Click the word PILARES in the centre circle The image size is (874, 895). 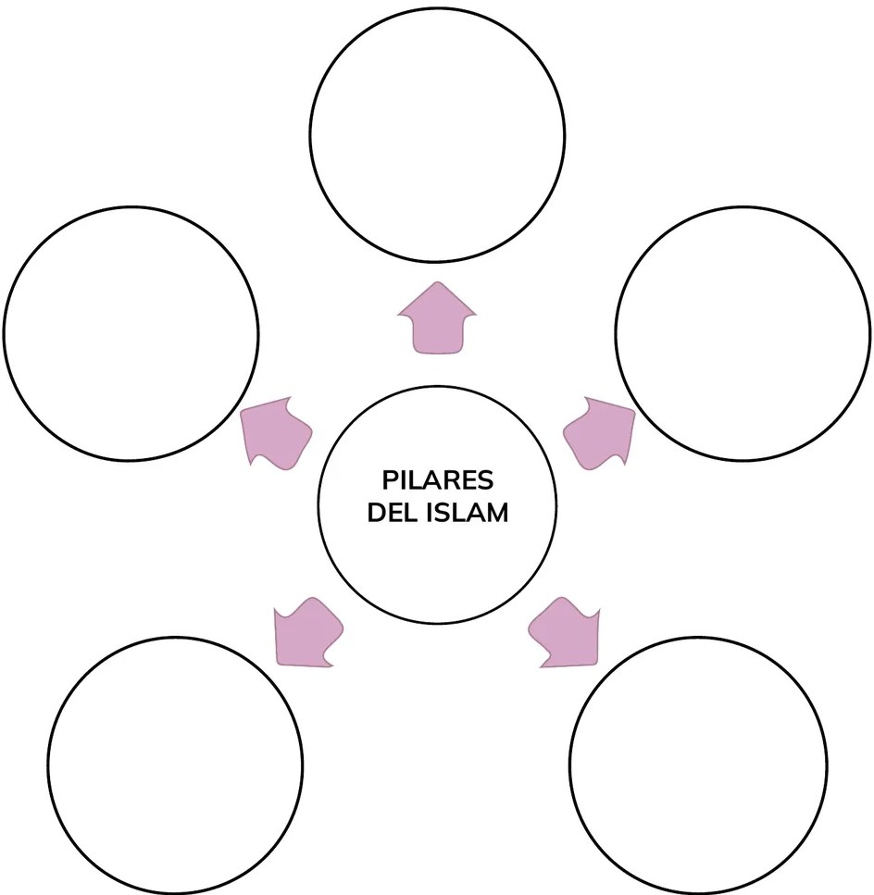(x=437, y=480)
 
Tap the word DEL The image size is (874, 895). (x=393, y=513)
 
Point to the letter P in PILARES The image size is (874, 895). (x=391, y=480)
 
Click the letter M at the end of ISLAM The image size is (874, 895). (x=497, y=513)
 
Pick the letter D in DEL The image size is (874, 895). (x=376, y=513)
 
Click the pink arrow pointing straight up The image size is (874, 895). (x=437, y=319)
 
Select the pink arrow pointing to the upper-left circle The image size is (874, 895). (x=276, y=432)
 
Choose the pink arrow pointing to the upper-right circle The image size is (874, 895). (x=599, y=432)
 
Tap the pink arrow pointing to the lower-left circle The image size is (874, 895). (x=307, y=632)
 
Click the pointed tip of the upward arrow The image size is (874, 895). (x=437, y=282)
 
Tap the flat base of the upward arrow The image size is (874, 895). (x=437, y=353)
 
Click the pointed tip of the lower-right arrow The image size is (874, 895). (x=598, y=665)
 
